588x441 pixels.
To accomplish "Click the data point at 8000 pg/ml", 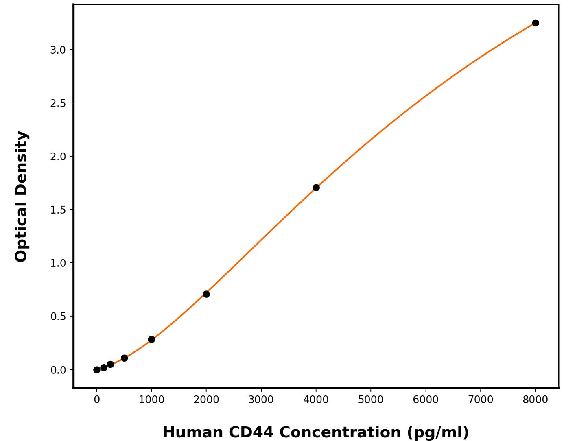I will [x=536, y=23].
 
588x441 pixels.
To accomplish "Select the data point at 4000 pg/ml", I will [x=316, y=188].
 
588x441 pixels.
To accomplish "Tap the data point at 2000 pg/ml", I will [x=206, y=294].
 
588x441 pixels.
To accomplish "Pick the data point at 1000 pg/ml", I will [x=151, y=339].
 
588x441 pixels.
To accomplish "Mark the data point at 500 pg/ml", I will [x=124, y=358].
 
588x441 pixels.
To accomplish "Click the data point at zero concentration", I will [x=97, y=370].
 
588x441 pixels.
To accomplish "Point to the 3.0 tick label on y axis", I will [x=58, y=50].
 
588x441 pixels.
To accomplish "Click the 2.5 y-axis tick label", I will [x=58, y=103].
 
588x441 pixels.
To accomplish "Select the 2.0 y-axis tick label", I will [x=58, y=157].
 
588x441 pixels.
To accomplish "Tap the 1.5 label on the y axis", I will [x=58, y=210].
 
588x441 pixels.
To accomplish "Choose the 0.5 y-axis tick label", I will [x=58, y=317].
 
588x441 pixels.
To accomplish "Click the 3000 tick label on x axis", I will [x=261, y=400].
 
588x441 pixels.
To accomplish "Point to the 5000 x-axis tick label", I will [x=371, y=400].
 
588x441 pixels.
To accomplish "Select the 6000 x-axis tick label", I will [x=426, y=400].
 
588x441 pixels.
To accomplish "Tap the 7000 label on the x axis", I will [x=481, y=400].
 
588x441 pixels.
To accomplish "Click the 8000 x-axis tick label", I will [x=536, y=400].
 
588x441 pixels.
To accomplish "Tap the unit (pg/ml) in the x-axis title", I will [x=435, y=432].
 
